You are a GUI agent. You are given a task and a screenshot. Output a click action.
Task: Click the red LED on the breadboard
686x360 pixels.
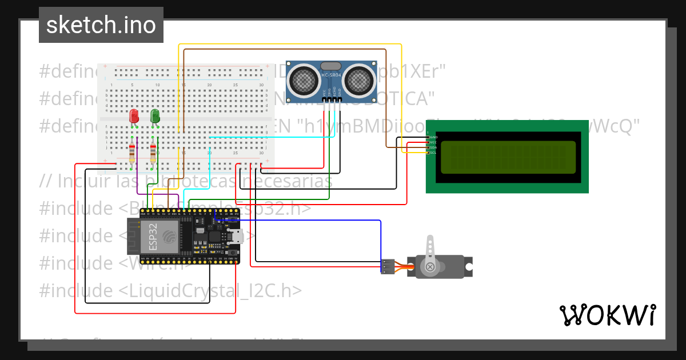point(134,117)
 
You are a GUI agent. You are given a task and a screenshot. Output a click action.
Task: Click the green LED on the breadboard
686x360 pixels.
point(155,117)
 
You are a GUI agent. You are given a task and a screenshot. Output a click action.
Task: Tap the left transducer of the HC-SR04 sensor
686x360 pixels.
point(304,80)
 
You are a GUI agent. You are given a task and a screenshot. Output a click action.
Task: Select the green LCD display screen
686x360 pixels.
point(508,157)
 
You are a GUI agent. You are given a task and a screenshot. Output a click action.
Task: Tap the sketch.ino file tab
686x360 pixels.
point(101,25)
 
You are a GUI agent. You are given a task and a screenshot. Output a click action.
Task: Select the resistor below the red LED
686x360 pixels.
point(132,153)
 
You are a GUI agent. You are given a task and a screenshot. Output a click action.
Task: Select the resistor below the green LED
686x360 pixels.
point(153,153)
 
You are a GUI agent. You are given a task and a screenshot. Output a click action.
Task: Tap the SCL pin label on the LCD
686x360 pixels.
point(433,153)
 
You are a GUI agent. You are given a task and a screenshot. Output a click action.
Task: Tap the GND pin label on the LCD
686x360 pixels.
point(433,137)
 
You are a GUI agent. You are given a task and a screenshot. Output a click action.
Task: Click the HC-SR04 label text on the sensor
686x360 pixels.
point(332,75)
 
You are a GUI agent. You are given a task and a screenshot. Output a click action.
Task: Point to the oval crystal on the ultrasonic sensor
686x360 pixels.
point(332,66)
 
